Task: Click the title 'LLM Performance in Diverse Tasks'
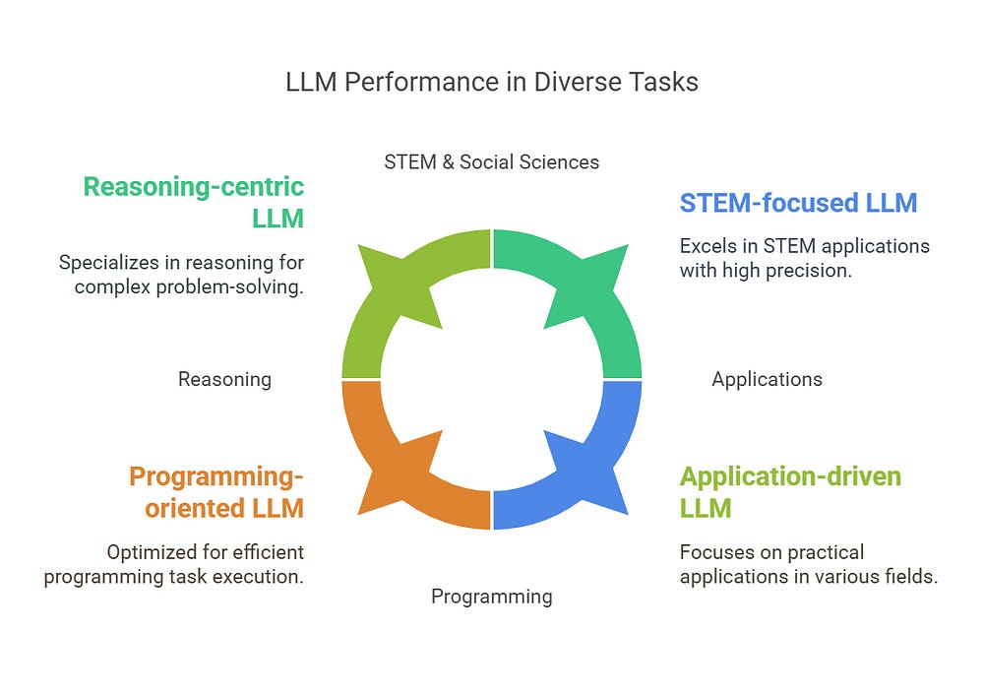[x=492, y=82]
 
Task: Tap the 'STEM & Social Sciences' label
[x=491, y=161]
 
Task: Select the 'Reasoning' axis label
[x=224, y=379]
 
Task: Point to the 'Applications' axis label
[x=767, y=379]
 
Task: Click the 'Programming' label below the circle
[x=491, y=597]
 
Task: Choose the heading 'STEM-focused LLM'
[x=798, y=203]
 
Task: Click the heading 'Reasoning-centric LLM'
[x=194, y=201]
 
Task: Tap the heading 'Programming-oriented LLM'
[x=216, y=492]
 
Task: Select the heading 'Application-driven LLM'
[x=790, y=492]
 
